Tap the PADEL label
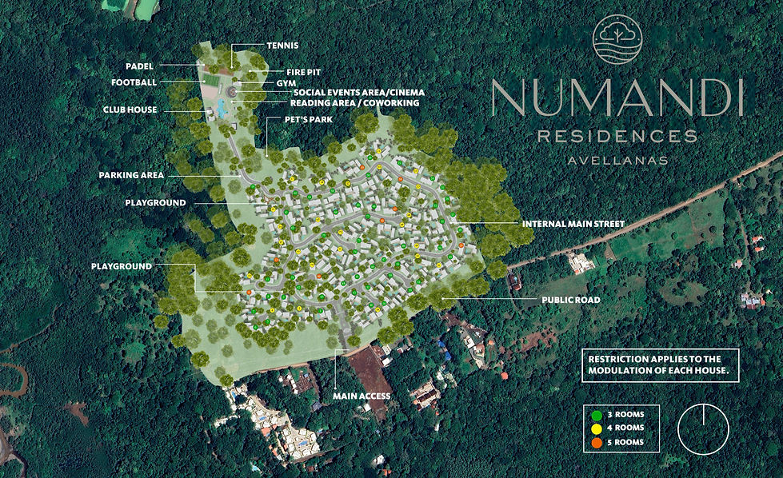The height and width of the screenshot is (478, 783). (x=139, y=66)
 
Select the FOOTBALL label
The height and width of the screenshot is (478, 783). (x=134, y=82)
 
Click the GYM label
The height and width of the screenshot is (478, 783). (x=286, y=82)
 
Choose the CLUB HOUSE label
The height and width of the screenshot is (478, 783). (x=130, y=110)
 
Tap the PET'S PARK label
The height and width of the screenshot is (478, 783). (x=307, y=119)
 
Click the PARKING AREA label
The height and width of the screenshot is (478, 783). (x=131, y=175)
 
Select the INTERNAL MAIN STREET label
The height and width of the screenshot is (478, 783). (x=573, y=223)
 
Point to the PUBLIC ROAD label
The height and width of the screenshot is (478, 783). (x=571, y=301)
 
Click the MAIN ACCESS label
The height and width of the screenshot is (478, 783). (x=362, y=396)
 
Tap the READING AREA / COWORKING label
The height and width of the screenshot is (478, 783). (x=354, y=103)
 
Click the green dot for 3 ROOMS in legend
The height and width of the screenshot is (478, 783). (x=596, y=414)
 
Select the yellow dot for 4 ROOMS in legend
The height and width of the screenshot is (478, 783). (x=596, y=428)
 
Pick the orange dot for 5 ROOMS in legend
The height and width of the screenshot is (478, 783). (x=596, y=441)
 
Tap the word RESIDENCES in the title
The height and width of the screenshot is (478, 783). (x=617, y=137)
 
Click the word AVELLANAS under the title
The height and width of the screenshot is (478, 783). (x=617, y=160)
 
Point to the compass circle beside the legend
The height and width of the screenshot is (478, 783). (x=703, y=428)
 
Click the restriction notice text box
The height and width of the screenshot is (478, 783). (x=660, y=365)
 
